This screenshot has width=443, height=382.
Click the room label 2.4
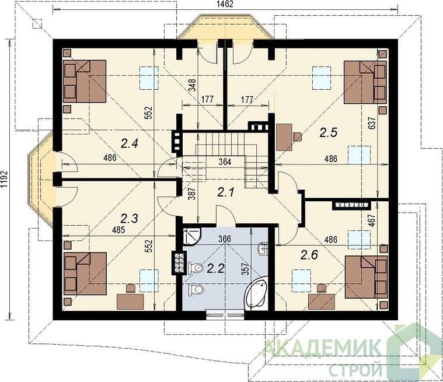[129, 144]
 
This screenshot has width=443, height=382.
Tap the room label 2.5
[329, 132]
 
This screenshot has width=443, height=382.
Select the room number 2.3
[129, 218]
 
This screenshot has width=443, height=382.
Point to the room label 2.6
[309, 255]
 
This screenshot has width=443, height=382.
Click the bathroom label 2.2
[215, 268]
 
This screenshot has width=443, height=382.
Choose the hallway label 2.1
[226, 192]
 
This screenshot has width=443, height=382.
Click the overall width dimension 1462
[225, 4]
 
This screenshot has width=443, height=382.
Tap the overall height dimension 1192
[4, 179]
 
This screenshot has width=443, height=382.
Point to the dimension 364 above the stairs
[225, 162]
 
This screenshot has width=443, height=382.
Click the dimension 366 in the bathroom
[225, 239]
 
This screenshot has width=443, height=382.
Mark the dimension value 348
[192, 85]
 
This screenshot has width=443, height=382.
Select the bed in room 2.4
[85, 81]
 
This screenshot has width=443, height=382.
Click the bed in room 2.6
[367, 277]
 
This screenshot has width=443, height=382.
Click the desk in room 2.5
[284, 138]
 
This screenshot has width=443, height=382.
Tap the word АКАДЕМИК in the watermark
[322, 348]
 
